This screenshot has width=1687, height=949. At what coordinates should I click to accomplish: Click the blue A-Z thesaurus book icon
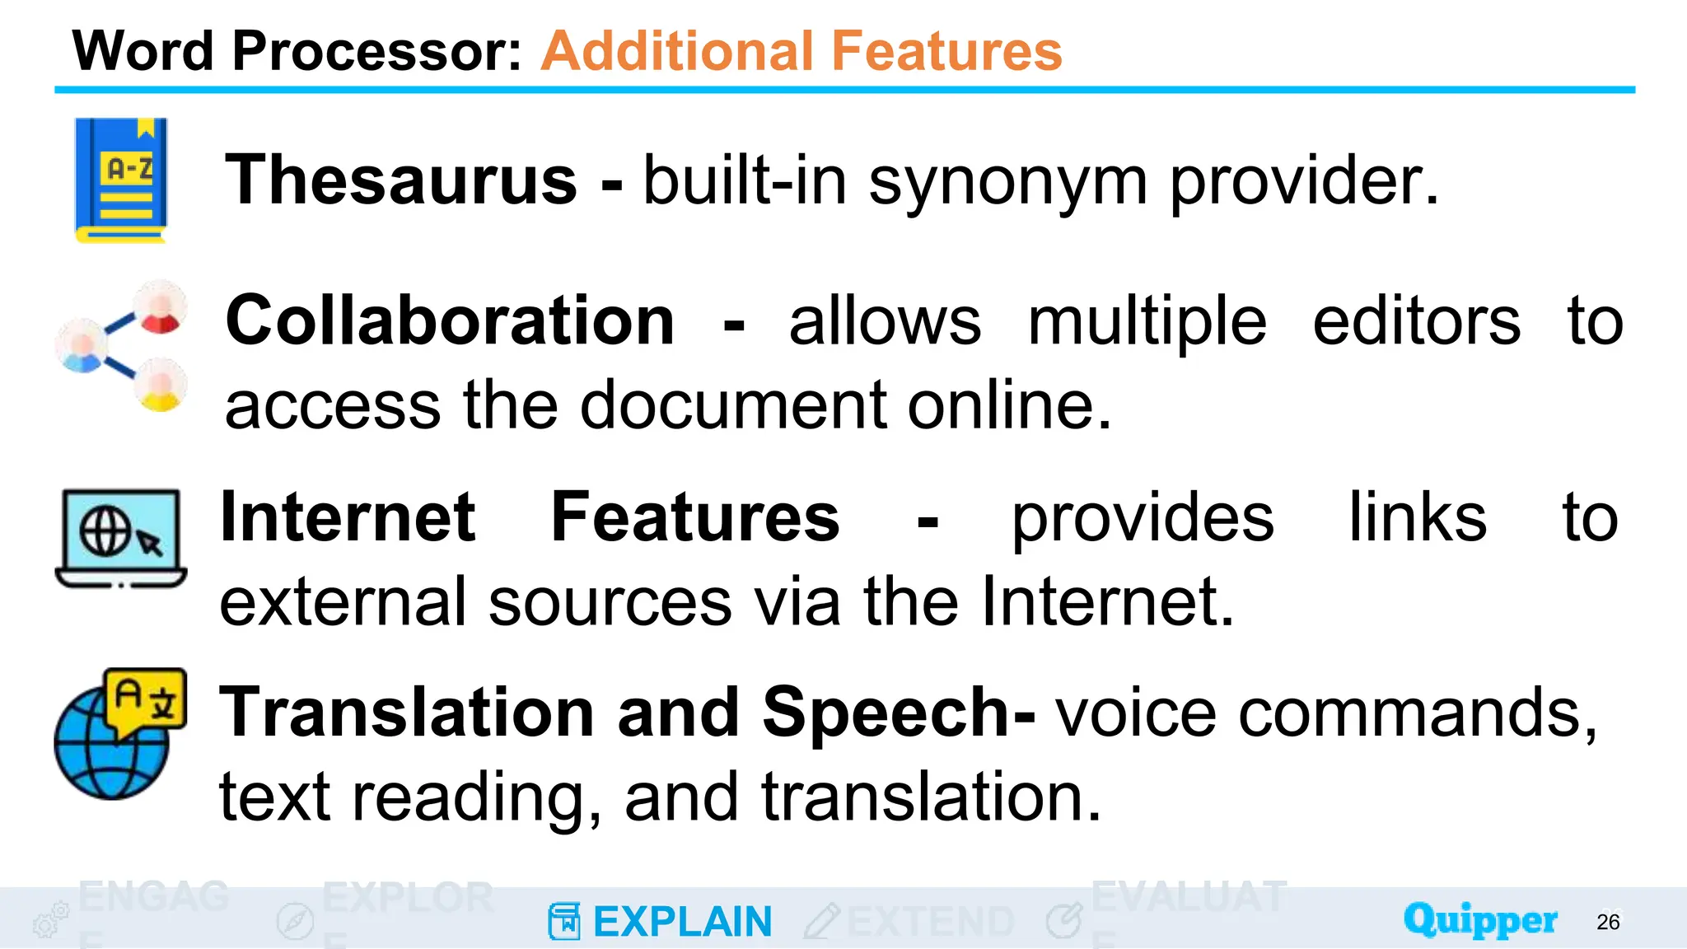[x=121, y=180]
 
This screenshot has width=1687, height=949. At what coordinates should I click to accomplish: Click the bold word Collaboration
[x=450, y=320]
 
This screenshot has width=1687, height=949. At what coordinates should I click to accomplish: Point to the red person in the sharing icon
[x=161, y=307]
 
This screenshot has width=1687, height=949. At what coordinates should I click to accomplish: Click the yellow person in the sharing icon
[x=161, y=385]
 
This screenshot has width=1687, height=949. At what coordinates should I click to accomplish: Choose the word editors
[x=1416, y=320]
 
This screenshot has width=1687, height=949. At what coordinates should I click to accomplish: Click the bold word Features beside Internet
[x=694, y=517]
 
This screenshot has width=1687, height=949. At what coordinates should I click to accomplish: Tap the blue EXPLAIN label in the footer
[x=681, y=921]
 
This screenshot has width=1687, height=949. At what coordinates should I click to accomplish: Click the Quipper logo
[x=1479, y=919]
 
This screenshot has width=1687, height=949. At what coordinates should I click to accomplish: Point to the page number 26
[x=1607, y=921]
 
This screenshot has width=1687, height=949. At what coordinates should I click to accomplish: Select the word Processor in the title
[x=376, y=51]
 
